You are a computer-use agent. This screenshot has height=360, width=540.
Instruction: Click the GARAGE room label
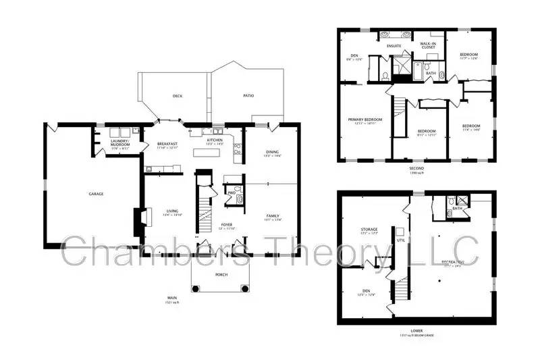[x=96, y=194]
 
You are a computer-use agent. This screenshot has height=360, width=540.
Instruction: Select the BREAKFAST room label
[x=167, y=144]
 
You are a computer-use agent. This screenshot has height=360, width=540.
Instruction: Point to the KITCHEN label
[x=215, y=140]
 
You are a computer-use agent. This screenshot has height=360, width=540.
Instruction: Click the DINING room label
[x=271, y=152]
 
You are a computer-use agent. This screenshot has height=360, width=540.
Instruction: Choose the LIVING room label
[x=172, y=211]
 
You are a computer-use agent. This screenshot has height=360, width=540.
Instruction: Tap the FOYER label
[x=227, y=225]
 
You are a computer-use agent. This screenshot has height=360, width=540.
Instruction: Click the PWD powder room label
[x=231, y=192]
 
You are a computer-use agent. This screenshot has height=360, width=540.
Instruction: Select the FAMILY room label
[x=271, y=215]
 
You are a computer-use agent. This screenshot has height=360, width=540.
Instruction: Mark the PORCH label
[x=221, y=275]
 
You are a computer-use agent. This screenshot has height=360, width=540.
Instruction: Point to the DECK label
[x=178, y=96]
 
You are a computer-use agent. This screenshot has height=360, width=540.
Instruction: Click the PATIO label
[x=248, y=96]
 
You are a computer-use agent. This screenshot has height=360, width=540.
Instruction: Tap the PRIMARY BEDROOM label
[x=365, y=120]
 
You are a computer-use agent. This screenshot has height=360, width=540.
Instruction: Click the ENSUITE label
[x=394, y=46]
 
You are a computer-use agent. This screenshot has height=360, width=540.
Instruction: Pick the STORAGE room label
[x=369, y=230]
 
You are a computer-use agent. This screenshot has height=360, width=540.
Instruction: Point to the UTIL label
[x=400, y=239]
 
